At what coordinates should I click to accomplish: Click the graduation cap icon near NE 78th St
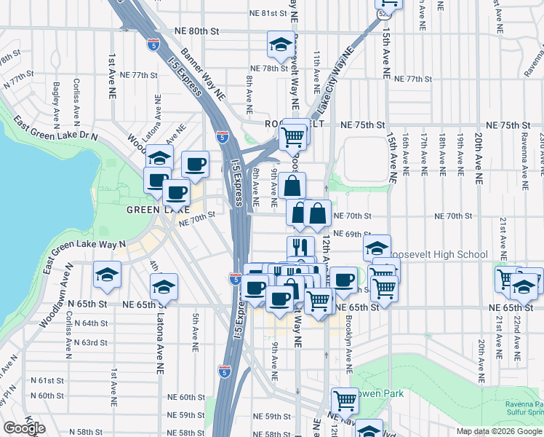pos(280,46)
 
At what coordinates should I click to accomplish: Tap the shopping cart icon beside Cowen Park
pos(345,400)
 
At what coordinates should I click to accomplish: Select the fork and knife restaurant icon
pos(300,247)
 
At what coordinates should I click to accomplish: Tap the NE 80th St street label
pos(196,31)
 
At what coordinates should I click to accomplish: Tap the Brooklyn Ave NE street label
pos(349,336)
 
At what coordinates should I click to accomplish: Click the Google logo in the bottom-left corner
pos(24,428)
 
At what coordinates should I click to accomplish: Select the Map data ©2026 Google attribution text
pos(500,431)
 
